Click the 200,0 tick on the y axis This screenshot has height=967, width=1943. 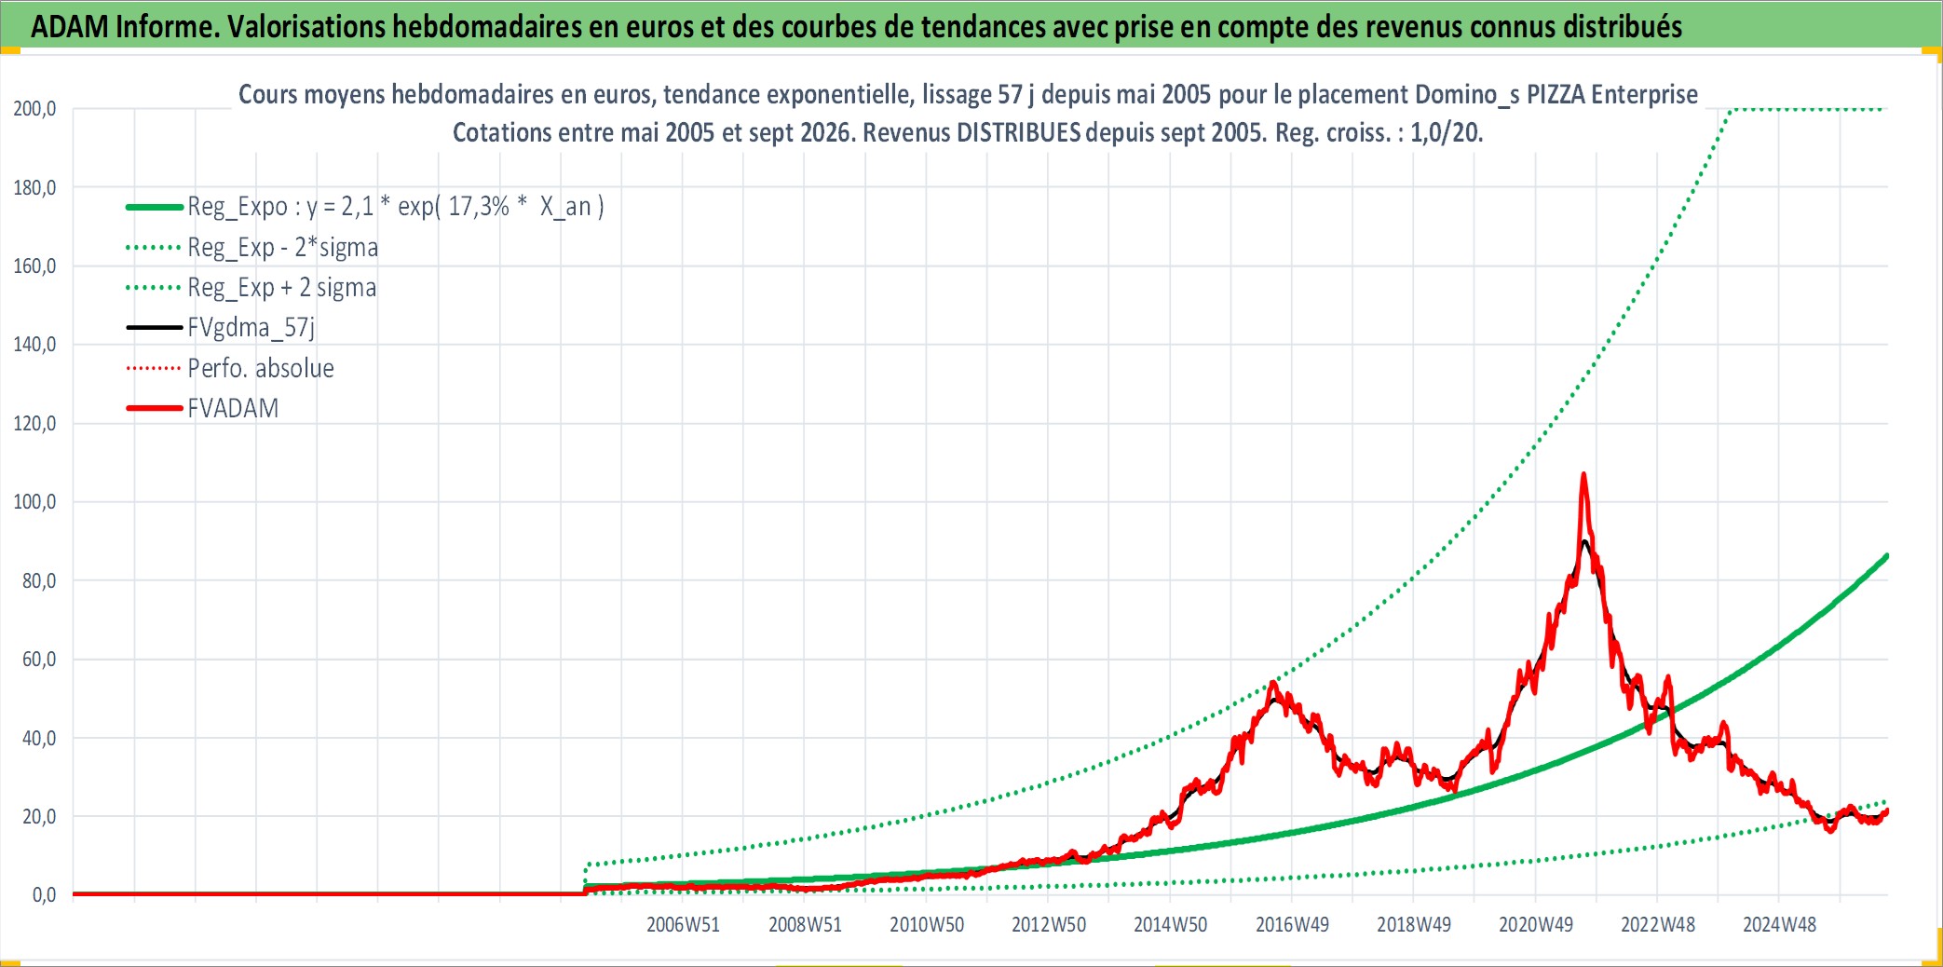[34, 109]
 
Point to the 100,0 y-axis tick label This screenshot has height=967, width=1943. [34, 502]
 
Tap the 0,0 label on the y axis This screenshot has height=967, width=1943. [44, 895]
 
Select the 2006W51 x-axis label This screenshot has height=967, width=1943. [683, 924]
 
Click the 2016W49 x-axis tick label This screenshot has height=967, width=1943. [1292, 924]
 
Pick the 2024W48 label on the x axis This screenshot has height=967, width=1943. [1779, 924]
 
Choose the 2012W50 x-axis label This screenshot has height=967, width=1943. [1049, 924]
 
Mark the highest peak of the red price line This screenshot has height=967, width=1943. [1583, 474]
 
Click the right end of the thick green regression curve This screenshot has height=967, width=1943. [1886, 556]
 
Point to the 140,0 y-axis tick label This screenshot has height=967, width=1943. [34, 345]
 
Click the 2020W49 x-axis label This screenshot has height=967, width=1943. [1536, 924]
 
